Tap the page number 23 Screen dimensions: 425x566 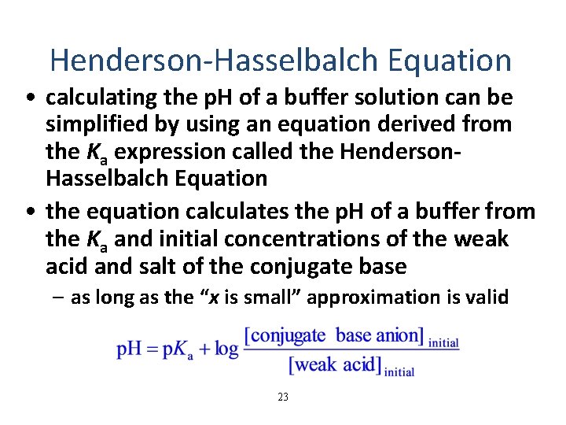click(x=283, y=397)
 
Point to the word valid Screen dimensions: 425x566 click(x=490, y=297)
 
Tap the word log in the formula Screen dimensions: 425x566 click(x=226, y=349)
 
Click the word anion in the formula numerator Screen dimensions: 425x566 click(x=399, y=336)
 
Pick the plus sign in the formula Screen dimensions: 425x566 click(x=203, y=349)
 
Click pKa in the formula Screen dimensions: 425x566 click(x=178, y=349)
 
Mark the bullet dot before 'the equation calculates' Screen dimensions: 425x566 click(x=29, y=213)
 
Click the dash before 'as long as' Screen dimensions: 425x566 click(x=60, y=298)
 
